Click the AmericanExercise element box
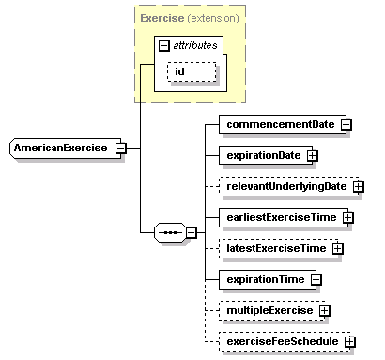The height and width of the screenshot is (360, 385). pyautogui.click(x=61, y=148)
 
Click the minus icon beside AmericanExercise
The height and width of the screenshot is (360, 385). pyautogui.click(x=120, y=148)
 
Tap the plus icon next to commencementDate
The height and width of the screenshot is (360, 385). pyautogui.click(x=346, y=124)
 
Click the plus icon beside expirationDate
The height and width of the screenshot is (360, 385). pyautogui.click(x=313, y=155)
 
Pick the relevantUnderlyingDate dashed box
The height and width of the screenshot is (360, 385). pyautogui.click(x=285, y=186)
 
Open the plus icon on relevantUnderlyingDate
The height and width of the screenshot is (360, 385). pyautogui.click(x=359, y=187)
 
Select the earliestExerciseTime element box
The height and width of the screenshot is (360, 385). pyautogui.click(x=279, y=217)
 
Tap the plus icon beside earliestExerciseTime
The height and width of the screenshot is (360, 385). pyautogui.click(x=346, y=218)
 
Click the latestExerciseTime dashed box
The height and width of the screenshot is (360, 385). pyautogui.click(x=273, y=248)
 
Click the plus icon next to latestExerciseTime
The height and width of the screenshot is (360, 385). pyautogui.click(x=336, y=249)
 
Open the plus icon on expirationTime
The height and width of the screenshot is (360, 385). pyautogui.click(x=316, y=280)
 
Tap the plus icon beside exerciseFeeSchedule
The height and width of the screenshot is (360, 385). pyautogui.click(x=349, y=342)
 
